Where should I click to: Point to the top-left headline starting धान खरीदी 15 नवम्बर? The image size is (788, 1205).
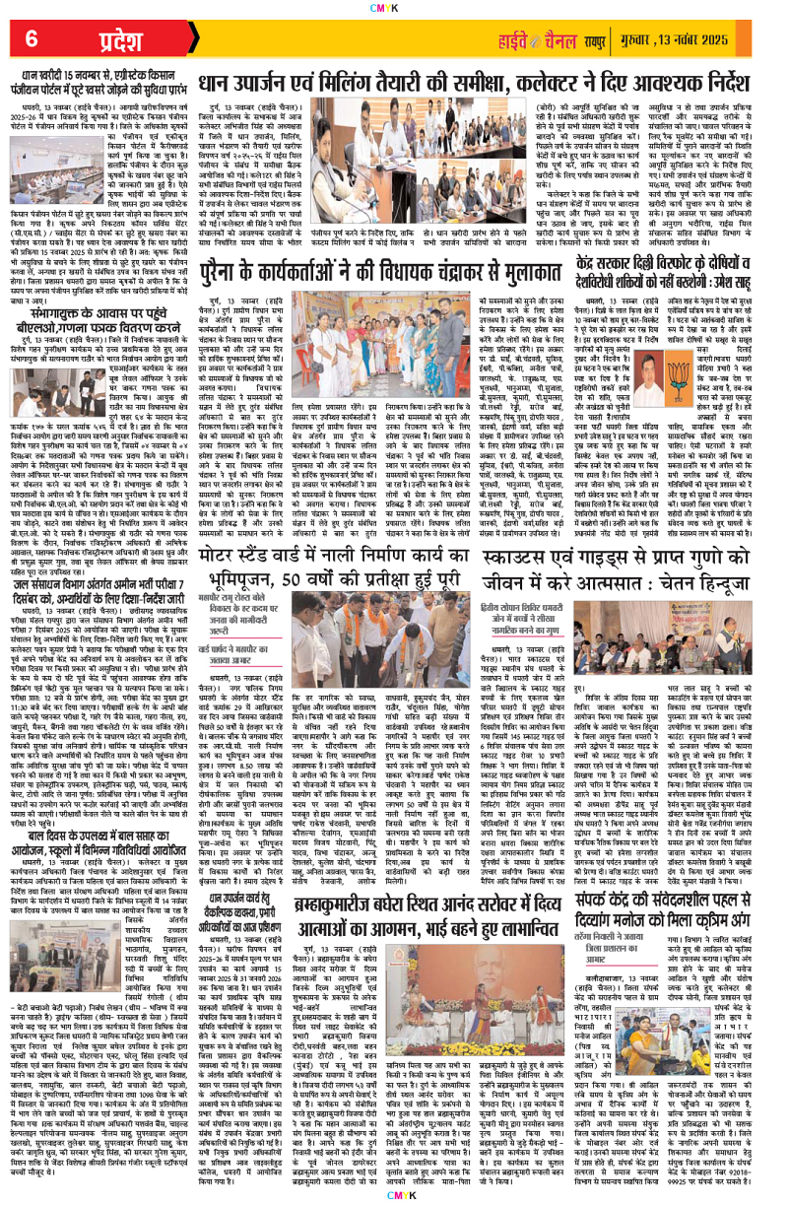point(98,71)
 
